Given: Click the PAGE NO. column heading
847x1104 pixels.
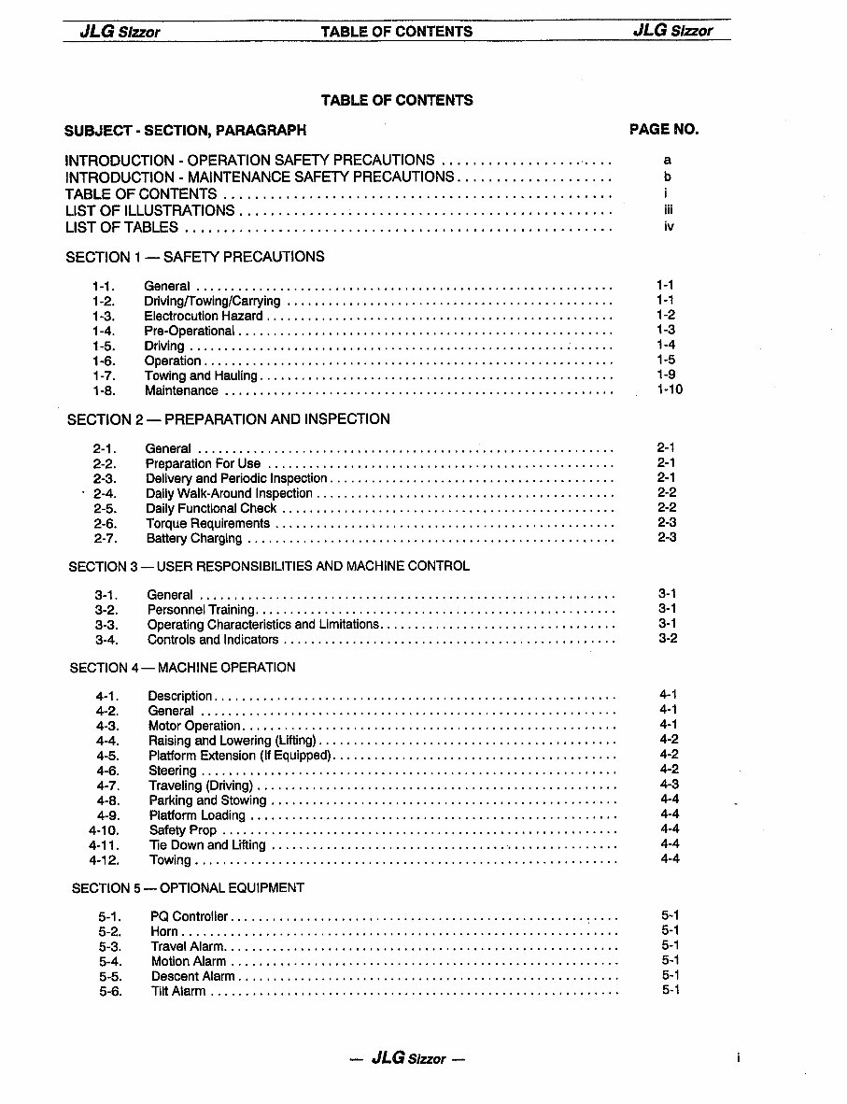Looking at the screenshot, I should click(664, 130).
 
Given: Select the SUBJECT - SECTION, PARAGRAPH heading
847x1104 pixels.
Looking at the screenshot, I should click(185, 131).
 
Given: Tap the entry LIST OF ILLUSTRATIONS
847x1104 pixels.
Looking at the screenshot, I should click(149, 210).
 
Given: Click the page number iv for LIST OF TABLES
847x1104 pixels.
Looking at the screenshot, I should click(668, 227).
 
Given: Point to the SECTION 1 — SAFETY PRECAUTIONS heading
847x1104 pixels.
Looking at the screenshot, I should click(195, 257).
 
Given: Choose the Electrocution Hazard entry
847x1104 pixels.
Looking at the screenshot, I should click(204, 316).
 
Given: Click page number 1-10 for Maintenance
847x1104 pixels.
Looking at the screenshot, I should click(669, 389).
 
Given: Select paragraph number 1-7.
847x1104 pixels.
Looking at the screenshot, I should click(104, 375).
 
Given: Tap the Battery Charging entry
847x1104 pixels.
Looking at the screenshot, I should click(193, 538).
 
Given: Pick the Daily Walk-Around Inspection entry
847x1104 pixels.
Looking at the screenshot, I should click(229, 493).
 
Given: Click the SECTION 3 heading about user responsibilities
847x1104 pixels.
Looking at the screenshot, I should click(269, 566).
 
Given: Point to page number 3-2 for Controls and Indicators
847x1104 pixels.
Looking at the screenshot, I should click(667, 639).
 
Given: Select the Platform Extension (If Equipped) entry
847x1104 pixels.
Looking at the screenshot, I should click(240, 756).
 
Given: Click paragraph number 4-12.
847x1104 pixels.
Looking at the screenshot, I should click(105, 860).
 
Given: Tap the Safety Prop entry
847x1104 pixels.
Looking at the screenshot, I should click(182, 830).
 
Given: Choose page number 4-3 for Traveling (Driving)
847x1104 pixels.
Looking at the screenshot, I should click(669, 785).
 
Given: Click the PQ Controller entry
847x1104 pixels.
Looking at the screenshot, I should click(189, 916).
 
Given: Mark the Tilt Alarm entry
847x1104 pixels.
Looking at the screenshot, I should click(178, 991).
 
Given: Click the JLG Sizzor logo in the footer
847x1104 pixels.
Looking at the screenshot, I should click(406, 1058).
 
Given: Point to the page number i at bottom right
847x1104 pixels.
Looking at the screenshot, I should click(738, 1058).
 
